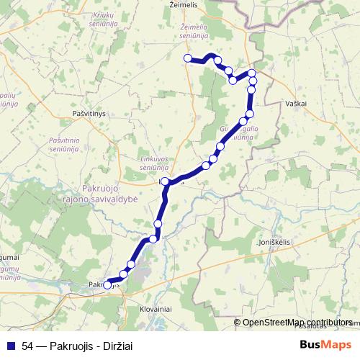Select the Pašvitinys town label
pyautogui.click(x=89, y=114)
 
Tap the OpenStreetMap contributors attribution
pyautogui.click(x=298, y=323)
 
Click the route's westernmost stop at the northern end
pyautogui.click(x=187, y=58)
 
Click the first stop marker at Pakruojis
pyautogui.click(x=108, y=284)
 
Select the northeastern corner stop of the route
pyautogui.click(x=252, y=73)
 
